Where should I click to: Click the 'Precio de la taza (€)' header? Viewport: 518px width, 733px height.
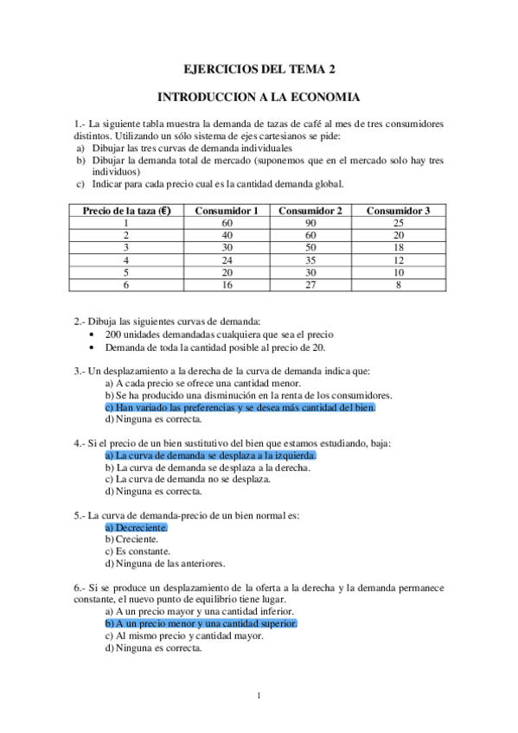(126, 210)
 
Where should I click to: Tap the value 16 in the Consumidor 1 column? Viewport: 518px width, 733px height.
(227, 284)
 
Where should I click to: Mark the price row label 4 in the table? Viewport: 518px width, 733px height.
(126, 259)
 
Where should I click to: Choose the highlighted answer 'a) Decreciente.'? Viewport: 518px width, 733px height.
(136, 526)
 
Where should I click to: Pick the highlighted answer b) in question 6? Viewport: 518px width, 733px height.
(201, 622)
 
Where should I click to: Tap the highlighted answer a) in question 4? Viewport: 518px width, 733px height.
(210, 455)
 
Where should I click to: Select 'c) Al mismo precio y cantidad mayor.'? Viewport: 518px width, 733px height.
(183, 634)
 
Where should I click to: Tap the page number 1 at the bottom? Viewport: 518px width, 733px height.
(259, 696)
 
